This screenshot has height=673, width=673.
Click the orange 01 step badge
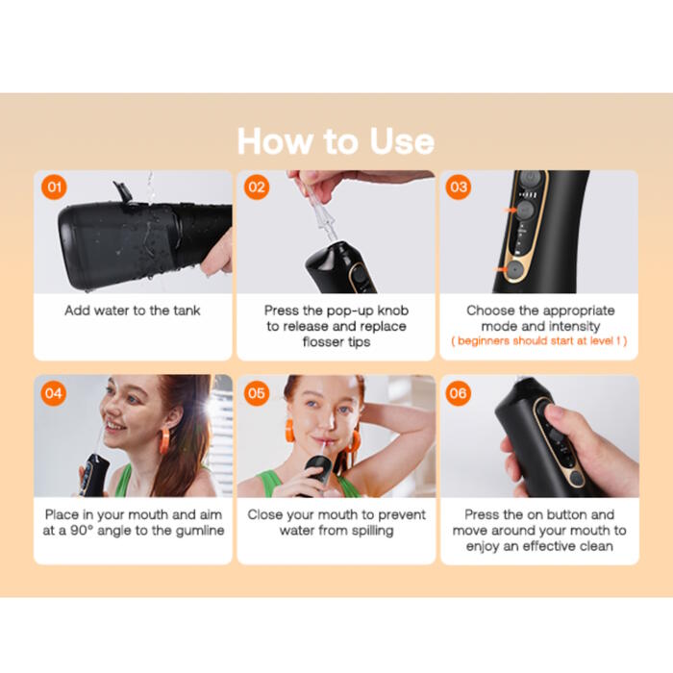pos(54,187)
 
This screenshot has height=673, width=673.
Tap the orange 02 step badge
pos(257,187)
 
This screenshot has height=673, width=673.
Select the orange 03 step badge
pos(459,187)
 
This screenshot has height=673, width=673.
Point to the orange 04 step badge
pos(54,393)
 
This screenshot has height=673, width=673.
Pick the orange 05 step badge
pos(257,393)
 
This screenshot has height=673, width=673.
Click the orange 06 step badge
pos(458,393)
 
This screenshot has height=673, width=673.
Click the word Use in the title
pos(402,141)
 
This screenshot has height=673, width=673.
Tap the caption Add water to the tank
pos(133,311)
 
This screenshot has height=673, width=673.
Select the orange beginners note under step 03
pos(539,340)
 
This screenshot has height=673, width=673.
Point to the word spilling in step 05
pos(372,531)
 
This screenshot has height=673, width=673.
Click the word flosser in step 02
pos(322,341)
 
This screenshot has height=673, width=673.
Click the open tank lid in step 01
pos(123,191)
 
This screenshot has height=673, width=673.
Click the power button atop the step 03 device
pos(530,177)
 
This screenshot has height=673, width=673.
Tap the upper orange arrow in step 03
pos(511,210)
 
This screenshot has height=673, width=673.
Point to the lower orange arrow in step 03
pos(500,269)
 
